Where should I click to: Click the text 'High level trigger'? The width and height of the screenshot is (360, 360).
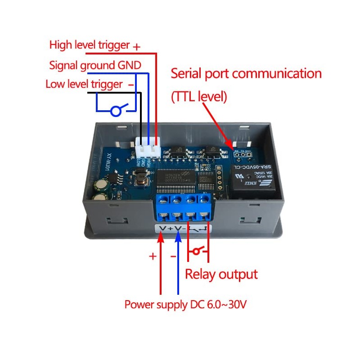tap(90, 45)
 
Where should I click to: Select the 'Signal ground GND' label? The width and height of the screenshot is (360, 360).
tap(95, 65)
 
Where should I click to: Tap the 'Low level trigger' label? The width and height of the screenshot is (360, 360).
tap(84, 84)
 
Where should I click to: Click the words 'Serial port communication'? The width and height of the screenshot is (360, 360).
tap(246, 73)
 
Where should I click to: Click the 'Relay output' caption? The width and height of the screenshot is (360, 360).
tap(221, 274)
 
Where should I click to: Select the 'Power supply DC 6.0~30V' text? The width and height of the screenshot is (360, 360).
tap(185, 305)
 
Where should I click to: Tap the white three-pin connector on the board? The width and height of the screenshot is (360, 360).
tap(148, 147)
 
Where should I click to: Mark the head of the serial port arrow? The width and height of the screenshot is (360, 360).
tap(233, 147)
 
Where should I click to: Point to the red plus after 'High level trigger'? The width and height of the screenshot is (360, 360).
tap(137, 46)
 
